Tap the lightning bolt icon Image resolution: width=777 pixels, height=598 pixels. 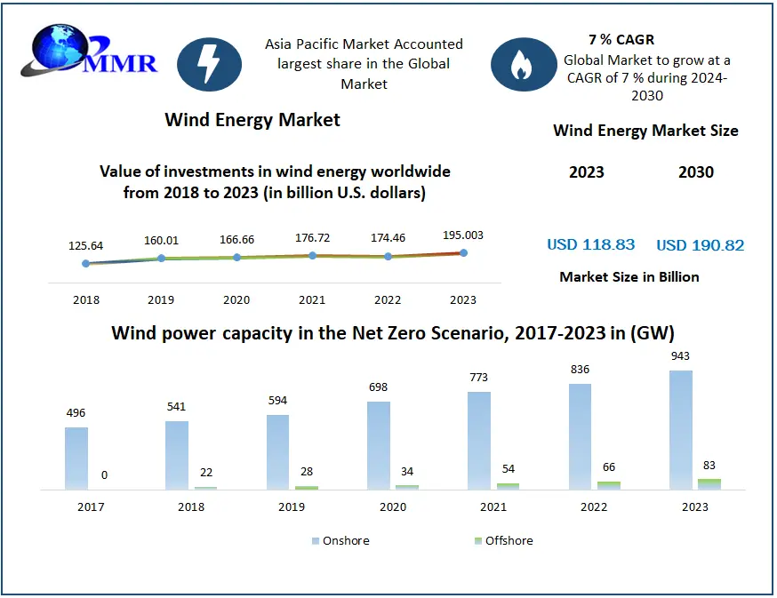click(x=210, y=65)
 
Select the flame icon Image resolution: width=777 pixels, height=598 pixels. click(x=524, y=65)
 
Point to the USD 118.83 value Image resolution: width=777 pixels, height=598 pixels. click(x=591, y=245)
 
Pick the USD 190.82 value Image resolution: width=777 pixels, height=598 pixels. click(x=700, y=245)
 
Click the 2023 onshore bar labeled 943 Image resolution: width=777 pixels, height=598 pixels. click(x=682, y=429)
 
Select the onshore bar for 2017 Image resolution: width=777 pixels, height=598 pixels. click(x=76, y=458)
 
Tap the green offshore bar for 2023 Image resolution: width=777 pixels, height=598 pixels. click(x=709, y=483)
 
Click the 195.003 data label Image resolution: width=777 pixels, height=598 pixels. click(x=463, y=235)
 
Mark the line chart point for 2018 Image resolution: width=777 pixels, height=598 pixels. click(x=86, y=263)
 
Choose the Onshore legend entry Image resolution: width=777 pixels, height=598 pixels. click(x=340, y=540)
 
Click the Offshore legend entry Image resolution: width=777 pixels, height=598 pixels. click(x=503, y=540)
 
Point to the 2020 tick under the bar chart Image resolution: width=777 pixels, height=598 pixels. click(x=392, y=506)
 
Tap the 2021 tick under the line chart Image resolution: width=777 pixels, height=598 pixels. click(x=312, y=300)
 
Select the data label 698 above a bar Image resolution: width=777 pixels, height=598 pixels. click(x=379, y=387)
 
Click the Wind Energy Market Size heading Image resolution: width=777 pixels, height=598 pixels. click(x=645, y=131)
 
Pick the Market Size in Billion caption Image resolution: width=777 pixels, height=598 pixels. click(x=629, y=276)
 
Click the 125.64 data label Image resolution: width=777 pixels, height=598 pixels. click(x=86, y=245)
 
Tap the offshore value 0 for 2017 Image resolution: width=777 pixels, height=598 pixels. click(x=104, y=475)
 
